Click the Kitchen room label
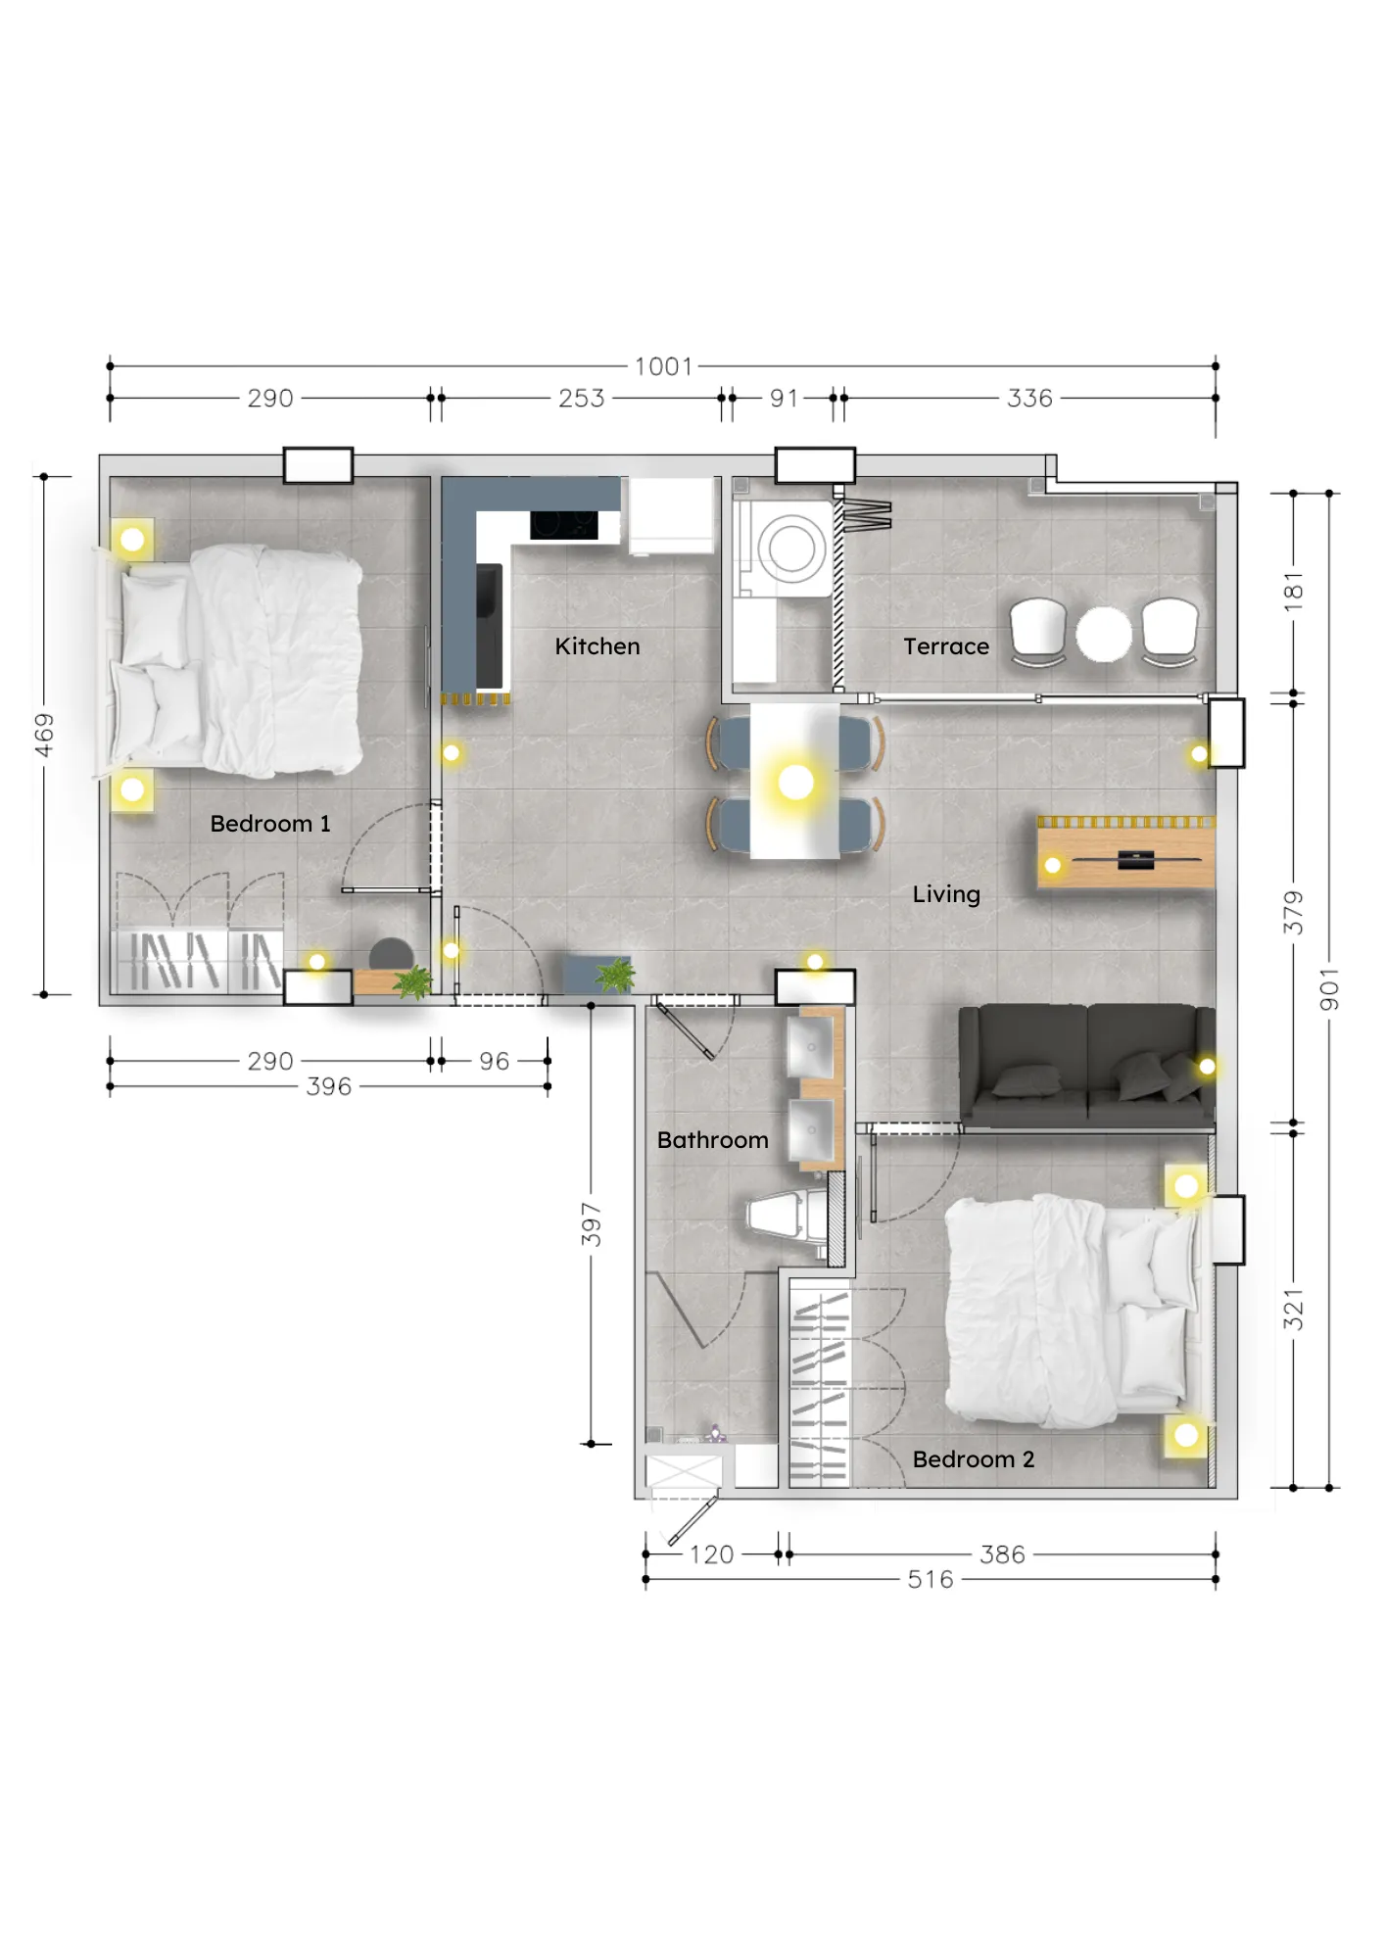click(x=597, y=646)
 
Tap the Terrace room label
click(x=946, y=646)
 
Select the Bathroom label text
click(x=713, y=1140)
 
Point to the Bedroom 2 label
click(x=974, y=1459)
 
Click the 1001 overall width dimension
click(x=664, y=366)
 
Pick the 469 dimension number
click(x=44, y=735)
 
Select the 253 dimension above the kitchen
click(x=582, y=399)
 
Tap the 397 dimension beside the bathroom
click(x=591, y=1224)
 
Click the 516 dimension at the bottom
click(x=931, y=1580)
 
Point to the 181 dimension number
click(x=1294, y=592)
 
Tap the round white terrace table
click(x=1104, y=634)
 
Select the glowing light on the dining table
click(x=795, y=783)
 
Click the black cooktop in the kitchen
click(x=564, y=525)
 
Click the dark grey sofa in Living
click(x=1086, y=1067)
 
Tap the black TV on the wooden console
click(x=1136, y=861)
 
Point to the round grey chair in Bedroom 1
click(x=391, y=954)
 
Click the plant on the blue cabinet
click(x=616, y=976)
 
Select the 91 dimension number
click(x=784, y=399)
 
